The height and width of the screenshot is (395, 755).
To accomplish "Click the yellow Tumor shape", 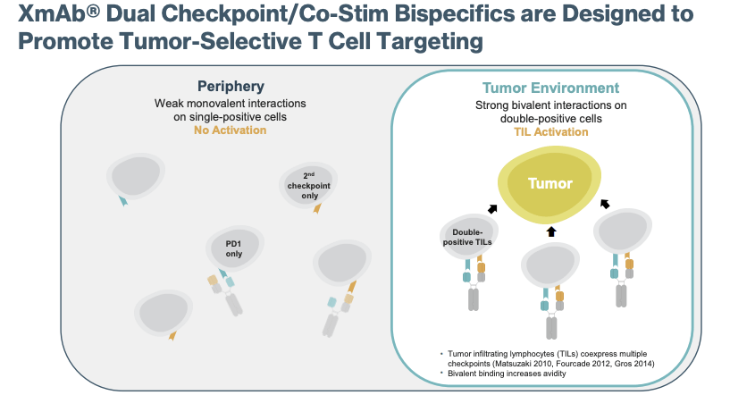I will [x=550, y=183].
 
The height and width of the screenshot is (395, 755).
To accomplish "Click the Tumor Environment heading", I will [x=550, y=88].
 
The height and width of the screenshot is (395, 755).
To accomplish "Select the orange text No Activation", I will [x=231, y=130].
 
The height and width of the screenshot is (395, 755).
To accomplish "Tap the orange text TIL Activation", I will [x=550, y=131].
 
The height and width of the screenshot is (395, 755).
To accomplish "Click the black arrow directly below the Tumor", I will [x=550, y=231].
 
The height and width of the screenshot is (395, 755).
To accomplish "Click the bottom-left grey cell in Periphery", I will [x=163, y=310].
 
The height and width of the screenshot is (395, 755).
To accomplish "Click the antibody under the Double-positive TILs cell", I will [x=474, y=286].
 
